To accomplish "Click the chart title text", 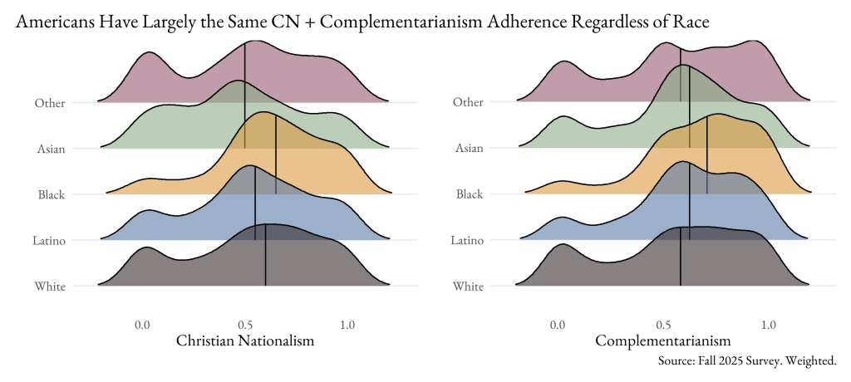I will point(362,22).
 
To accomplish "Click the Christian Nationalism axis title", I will point(245,341).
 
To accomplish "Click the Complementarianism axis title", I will point(663,341).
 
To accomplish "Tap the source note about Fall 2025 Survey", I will point(746,361).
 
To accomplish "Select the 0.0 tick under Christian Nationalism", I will point(142,324).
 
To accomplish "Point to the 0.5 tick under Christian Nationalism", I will point(245,324).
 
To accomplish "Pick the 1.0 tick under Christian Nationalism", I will point(347,324).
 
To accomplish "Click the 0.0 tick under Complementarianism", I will point(558,324).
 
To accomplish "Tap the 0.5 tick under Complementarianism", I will point(663,324).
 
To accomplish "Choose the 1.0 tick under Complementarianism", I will point(768,324).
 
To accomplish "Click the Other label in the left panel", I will point(51,103).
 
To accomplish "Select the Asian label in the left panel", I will point(52,149).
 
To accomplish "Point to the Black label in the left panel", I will point(52,195).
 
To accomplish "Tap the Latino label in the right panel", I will point(467,241).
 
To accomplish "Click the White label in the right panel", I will point(469,287).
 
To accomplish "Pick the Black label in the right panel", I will point(470,195).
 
